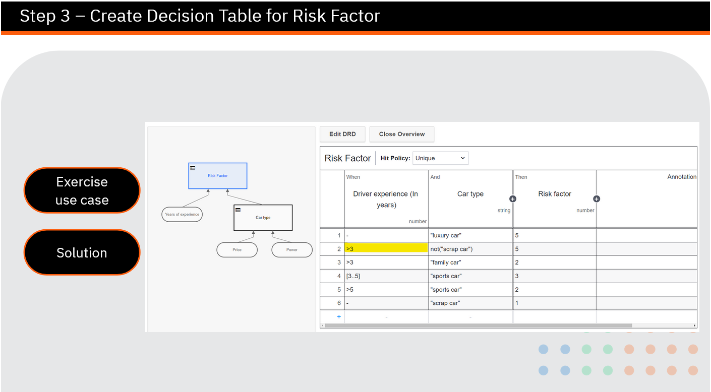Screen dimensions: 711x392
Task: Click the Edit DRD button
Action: click(x=342, y=134)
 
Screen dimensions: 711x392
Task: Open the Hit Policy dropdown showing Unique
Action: click(x=440, y=158)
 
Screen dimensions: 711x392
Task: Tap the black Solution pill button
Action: click(x=82, y=252)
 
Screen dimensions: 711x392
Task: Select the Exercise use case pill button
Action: click(x=82, y=190)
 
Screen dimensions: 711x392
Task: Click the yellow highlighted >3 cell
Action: click(x=386, y=248)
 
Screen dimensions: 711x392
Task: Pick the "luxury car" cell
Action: click(x=470, y=235)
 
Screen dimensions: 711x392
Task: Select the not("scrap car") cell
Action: click(x=470, y=249)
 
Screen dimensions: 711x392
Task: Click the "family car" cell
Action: click(x=470, y=263)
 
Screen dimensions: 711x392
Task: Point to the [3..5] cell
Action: click(x=386, y=276)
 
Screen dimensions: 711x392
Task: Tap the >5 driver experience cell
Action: click(x=386, y=290)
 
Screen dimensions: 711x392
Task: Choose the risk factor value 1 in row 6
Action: click(x=554, y=303)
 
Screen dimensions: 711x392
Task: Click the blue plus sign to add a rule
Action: click(x=339, y=316)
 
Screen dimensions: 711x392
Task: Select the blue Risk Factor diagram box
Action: click(x=218, y=176)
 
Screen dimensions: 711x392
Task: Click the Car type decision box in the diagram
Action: click(x=263, y=218)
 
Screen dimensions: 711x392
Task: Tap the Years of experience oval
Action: click(x=182, y=215)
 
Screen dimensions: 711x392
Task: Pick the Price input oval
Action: click(x=237, y=250)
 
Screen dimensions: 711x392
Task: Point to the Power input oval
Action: click(x=292, y=250)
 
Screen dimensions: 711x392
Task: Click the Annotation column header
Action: click(x=681, y=177)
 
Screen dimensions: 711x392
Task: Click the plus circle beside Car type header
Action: click(x=513, y=199)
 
